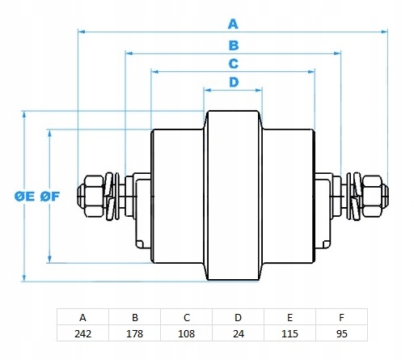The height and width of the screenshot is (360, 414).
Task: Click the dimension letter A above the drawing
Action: tap(233, 23)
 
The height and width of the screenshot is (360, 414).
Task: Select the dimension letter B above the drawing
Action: tap(234, 45)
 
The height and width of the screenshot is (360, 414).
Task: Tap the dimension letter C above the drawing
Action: tap(234, 64)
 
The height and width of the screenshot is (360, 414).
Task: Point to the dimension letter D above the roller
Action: tap(234, 82)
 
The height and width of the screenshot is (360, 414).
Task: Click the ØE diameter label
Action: tap(24, 197)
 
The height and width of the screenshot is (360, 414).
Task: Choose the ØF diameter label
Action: tap(50, 197)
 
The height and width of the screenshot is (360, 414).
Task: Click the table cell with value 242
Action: tap(82, 333)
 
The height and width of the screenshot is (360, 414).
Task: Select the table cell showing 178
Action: tap(134, 333)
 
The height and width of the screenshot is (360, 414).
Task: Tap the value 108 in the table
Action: tap(186, 333)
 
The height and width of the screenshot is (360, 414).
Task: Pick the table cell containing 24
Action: tap(238, 333)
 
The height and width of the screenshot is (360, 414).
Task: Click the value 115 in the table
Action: tap(289, 333)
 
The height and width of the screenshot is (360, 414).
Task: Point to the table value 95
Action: tap(341, 333)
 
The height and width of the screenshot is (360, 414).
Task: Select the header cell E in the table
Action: tap(289, 317)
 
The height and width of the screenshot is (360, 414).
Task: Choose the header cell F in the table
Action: tap(341, 317)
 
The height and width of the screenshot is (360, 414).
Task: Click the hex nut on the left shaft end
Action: tap(93, 196)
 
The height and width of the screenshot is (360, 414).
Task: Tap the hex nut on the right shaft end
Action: tap(372, 196)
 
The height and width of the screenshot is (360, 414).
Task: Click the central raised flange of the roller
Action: tap(233, 196)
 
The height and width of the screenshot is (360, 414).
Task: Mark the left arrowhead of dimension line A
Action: tap(81, 32)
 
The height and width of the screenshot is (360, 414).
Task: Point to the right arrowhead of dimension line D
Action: tap(259, 90)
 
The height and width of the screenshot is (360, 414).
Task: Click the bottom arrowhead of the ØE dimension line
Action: tap(24, 278)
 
